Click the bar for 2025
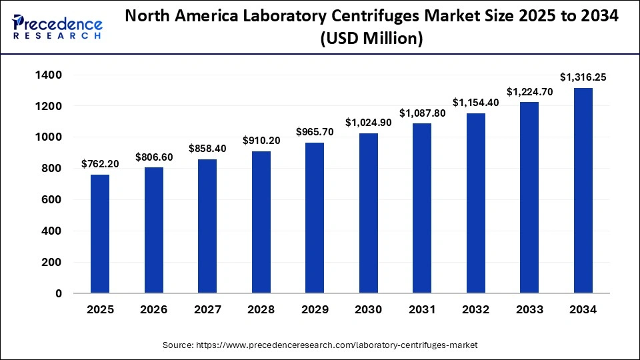coord(100,233)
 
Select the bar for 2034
coord(583,190)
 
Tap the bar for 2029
coord(315,217)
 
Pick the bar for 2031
coord(422,208)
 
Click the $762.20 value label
coord(100,163)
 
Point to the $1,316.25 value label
coord(583,77)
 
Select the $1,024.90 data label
coord(368,123)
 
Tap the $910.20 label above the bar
coord(261,141)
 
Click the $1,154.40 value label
coord(476,103)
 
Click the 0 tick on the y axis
coord(59,293)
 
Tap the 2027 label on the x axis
coord(207,310)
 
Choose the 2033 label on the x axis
coord(529,310)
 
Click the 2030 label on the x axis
coord(368,310)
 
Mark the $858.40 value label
coord(207,149)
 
